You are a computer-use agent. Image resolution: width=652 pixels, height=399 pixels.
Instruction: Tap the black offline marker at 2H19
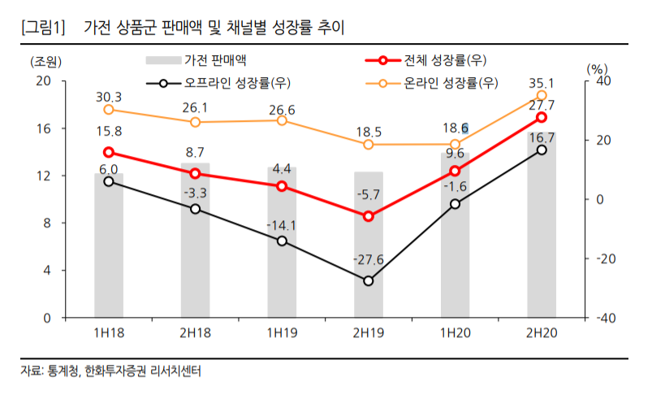[x=369, y=280]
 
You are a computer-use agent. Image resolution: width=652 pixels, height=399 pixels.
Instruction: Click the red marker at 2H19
[x=369, y=216]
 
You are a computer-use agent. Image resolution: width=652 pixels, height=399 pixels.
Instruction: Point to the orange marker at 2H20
[x=542, y=96]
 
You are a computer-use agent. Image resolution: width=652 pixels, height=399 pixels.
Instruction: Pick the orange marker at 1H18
[x=109, y=110]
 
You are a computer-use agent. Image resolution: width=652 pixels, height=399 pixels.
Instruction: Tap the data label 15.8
[x=109, y=131]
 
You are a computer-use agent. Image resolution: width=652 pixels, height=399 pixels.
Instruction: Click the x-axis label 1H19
[x=282, y=332]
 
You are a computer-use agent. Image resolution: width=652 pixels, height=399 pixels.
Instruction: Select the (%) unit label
[x=596, y=68]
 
